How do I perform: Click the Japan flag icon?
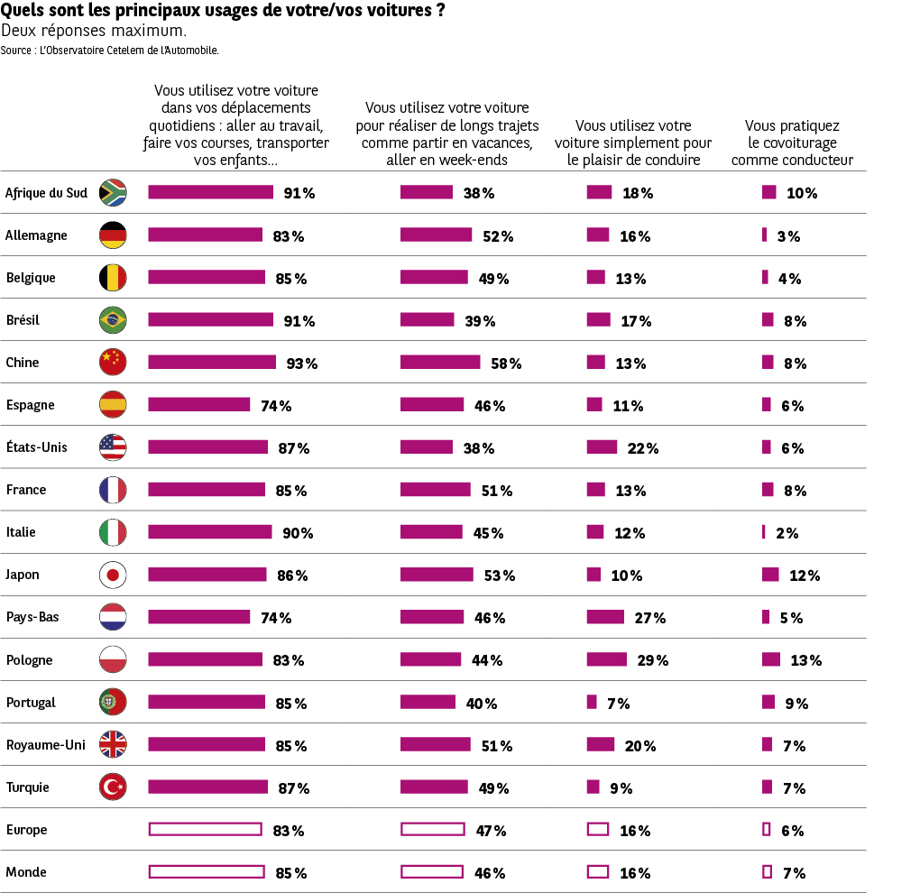[x=113, y=575]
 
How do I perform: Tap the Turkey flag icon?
[x=113, y=787]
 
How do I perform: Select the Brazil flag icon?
[x=113, y=320]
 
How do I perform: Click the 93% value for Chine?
[x=302, y=364]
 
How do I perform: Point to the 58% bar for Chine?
[x=440, y=363]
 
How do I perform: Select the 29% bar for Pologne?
[x=606, y=659]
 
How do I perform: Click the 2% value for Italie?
[x=787, y=533]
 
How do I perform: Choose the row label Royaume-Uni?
[x=45, y=745]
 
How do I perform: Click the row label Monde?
[x=26, y=872]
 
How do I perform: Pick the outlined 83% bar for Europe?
[x=205, y=830]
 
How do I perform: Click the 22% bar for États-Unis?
[x=602, y=447]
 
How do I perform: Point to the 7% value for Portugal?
[x=618, y=704]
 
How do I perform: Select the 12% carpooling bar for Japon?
[x=770, y=575]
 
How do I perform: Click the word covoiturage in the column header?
[x=793, y=143]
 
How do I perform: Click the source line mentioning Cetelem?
[x=110, y=51]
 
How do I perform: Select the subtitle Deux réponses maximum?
[x=94, y=31]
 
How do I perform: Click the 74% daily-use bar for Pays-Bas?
[x=198, y=617]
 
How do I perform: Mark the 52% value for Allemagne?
[x=498, y=236]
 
